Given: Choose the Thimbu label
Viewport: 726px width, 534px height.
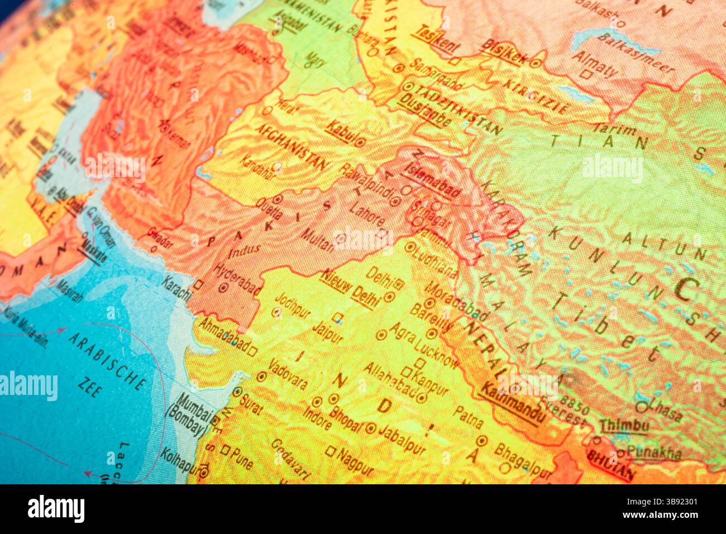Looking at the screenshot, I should click(x=624, y=426).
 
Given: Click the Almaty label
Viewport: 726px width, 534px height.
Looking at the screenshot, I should click(x=594, y=63).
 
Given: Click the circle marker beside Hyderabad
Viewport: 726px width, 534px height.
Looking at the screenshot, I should click(x=223, y=288).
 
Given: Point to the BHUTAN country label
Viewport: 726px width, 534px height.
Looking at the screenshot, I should click(x=610, y=465).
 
